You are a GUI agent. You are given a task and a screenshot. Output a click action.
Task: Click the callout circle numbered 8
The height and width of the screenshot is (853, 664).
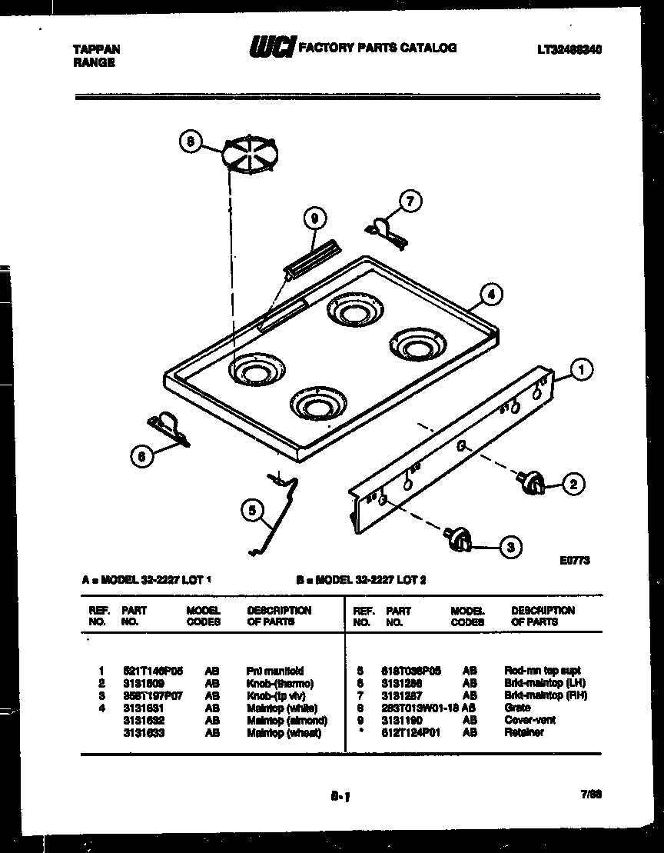tap(191, 142)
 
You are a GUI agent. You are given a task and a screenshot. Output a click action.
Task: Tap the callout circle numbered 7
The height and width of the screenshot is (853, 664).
tap(410, 202)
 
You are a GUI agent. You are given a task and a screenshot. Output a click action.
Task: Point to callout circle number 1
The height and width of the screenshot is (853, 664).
tap(582, 370)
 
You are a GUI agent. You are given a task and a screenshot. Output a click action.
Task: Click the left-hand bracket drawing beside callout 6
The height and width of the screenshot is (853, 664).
tap(168, 428)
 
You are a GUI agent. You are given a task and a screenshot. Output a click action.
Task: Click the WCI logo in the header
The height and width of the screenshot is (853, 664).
tap(270, 48)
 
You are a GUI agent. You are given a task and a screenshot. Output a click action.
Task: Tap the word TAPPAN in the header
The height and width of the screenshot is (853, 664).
tap(96, 48)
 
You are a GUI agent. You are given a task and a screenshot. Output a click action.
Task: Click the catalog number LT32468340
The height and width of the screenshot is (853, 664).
tap(569, 48)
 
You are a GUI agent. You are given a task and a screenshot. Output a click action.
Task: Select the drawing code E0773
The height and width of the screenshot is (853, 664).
tap(574, 561)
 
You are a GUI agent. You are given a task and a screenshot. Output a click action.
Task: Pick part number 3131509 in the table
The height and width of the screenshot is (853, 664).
tap(143, 683)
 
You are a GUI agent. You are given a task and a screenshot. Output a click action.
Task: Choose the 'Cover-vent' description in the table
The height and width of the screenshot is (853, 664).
tap(530, 720)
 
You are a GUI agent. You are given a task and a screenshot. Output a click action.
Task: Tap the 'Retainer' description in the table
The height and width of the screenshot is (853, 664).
tap(523, 732)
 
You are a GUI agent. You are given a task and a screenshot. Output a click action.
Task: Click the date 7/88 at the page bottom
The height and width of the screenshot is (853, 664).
tap(591, 798)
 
